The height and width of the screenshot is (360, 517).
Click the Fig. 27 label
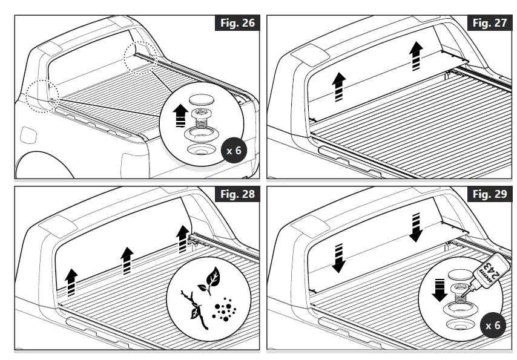489,24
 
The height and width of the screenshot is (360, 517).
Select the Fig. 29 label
489,194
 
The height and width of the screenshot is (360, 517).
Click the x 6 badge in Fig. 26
233,151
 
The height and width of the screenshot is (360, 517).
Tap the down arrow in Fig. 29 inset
439,289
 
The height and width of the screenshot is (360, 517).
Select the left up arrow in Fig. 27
339,86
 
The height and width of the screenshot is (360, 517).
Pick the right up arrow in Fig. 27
416,56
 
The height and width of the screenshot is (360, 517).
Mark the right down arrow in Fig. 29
416,226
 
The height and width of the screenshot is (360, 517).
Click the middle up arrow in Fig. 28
127,261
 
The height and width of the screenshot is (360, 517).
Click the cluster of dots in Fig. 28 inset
224,307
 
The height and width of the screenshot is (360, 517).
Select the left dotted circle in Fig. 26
41,96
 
